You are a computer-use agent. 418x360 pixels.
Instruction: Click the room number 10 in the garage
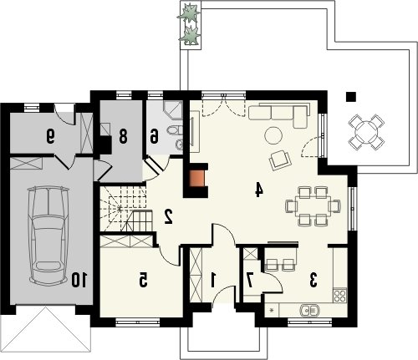tap(79, 280)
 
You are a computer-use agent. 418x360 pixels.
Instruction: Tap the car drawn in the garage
tap(48, 236)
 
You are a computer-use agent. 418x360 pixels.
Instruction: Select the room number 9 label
tap(50, 136)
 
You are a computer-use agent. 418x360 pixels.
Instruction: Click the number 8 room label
tap(123, 136)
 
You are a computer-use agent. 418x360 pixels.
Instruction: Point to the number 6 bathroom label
tap(154, 136)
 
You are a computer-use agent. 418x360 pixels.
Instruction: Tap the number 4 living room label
tap(259, 190)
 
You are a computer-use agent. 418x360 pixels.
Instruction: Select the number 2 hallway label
tap(169, 216)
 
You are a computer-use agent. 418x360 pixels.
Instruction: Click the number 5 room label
tap(143, 280)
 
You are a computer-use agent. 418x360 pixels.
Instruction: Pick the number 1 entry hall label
tap(213, 280)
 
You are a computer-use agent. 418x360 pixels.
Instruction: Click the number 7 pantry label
tap(250, 280)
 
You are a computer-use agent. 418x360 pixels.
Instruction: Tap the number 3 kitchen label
tap(313, 280)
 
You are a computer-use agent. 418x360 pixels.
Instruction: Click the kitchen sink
tap(309, 310)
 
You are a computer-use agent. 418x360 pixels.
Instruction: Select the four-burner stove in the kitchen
tap(340, 296)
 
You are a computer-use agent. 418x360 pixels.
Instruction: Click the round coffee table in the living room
tap(273, 135)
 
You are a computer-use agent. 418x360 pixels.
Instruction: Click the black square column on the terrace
tap(351, 96)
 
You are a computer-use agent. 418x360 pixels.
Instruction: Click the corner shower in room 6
tap(173, 110)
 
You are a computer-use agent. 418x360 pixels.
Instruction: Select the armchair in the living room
tap(280, 160)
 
